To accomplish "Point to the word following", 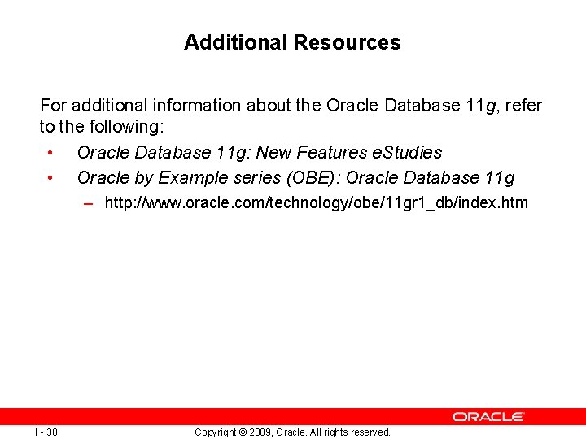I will [131, 127].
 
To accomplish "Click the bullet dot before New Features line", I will [50, 153].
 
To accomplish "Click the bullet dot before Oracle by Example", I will [50, 177].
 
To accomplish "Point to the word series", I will [252, 177].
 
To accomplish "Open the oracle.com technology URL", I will [317, 202].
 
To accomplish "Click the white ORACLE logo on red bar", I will [488, 416].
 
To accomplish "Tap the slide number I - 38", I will [46, 432].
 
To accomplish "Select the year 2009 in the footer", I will [261, 432].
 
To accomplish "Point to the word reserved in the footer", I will [370, 432].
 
